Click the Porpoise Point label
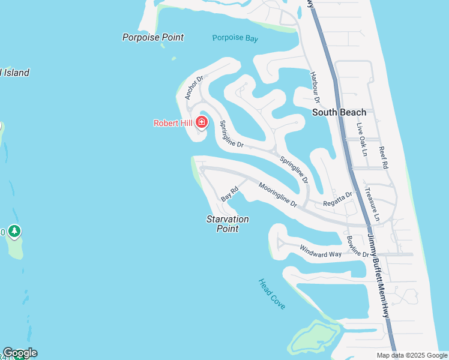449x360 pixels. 152,37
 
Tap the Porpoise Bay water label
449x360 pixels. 235,38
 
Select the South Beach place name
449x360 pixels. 339,112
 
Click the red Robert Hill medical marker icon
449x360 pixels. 202,123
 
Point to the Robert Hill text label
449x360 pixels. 172,123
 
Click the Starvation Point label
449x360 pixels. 228,224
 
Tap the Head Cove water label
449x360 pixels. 272,294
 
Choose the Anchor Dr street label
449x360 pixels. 194,87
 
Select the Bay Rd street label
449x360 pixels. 229,194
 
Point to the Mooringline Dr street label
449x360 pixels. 278,195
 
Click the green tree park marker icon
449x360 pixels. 14,231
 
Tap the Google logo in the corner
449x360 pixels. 20,353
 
